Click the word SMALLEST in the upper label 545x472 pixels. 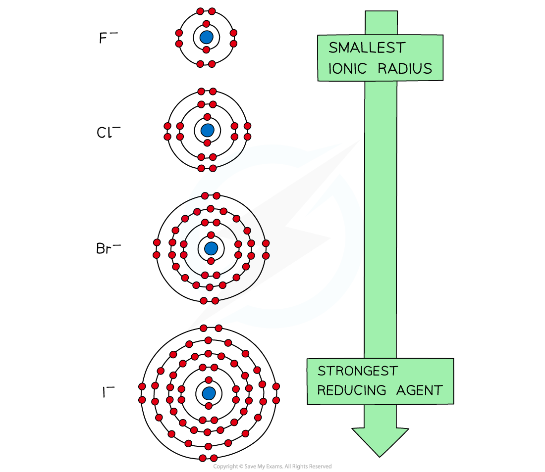(367, 48)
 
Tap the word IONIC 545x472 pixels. (348, 68)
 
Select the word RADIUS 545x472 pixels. (405, 68)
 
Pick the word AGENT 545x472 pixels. (419, 390)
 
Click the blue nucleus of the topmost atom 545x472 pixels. (206, 37)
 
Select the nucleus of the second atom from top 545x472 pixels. (207, 130)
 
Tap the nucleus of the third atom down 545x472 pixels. (211, 248)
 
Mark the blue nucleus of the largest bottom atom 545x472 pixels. (209, 393)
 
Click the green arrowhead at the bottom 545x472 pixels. (380, 440)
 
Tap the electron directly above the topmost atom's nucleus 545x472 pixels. (206, 24)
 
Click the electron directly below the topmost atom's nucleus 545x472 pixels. (206, 50)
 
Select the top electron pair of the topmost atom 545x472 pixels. (206, 11)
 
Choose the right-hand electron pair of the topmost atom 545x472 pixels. (233, 38)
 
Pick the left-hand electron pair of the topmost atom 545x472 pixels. (179, 38)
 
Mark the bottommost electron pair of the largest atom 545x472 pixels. (208, 458)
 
